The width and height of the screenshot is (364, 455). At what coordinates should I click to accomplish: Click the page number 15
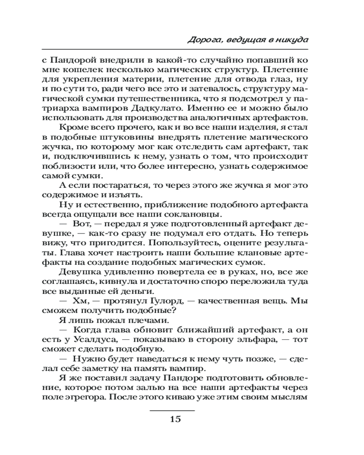point(175,419)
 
